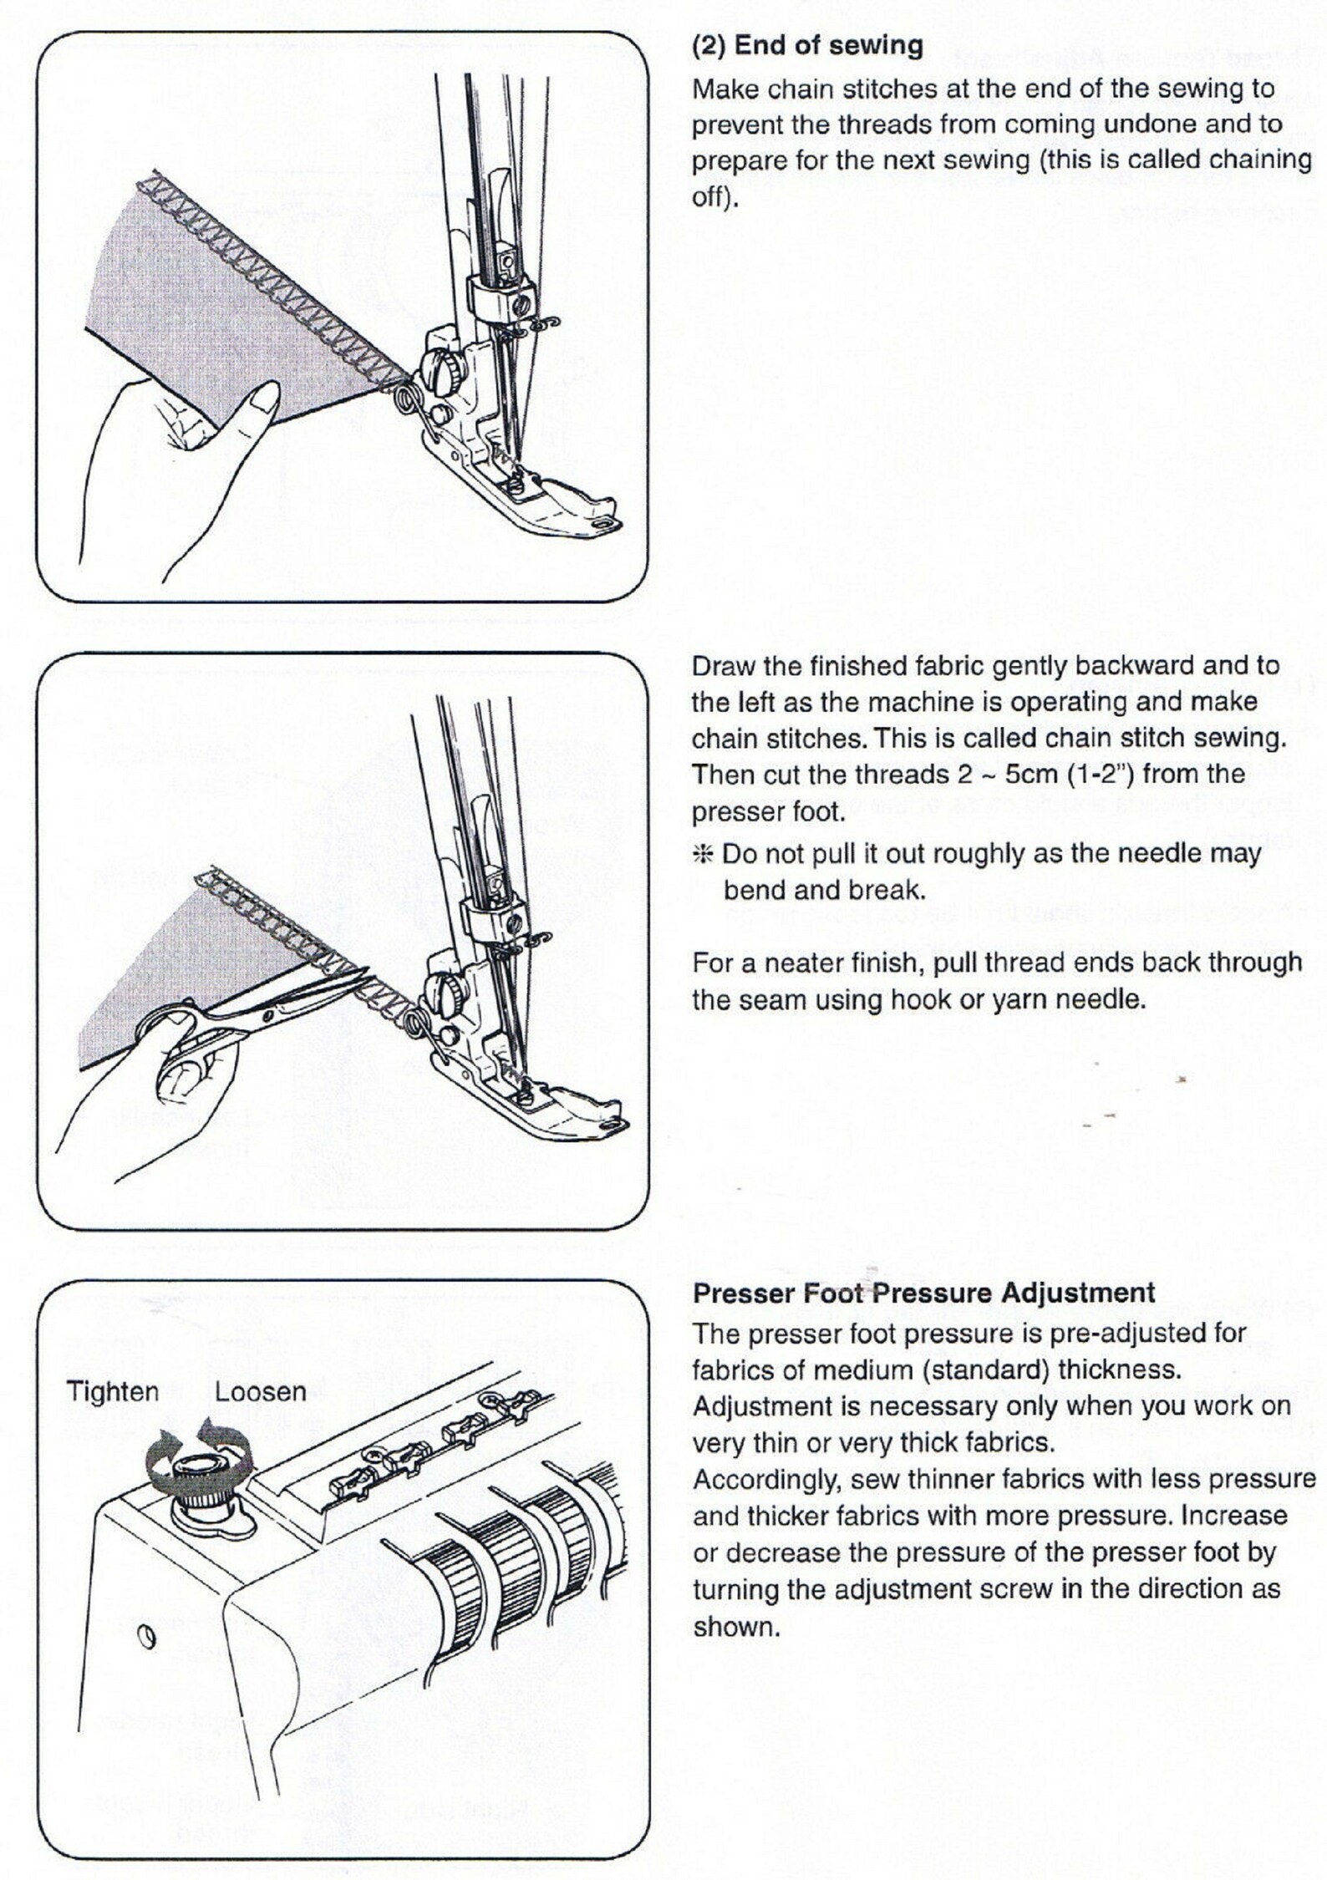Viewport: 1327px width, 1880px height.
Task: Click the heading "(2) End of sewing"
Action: coord(807,46)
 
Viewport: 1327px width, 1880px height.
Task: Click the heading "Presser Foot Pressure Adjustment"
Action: coord(923,1293)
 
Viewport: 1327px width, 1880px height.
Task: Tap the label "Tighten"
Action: coord(112,1391)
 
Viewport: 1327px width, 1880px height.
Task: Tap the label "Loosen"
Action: coord(260,1391)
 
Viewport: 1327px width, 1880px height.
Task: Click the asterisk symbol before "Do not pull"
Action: coord(703,854)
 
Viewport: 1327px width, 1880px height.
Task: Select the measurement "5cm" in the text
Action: coord(1031,775)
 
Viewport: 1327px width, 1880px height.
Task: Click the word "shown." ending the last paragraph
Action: coord(736,1627)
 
